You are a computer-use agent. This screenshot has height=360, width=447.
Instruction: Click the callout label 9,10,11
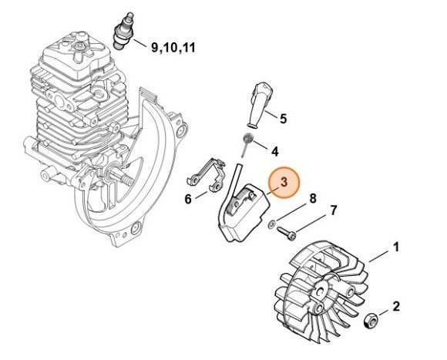click(x=173, y=47)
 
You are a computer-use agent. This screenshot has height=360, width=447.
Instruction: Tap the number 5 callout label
click(x=282, y=119)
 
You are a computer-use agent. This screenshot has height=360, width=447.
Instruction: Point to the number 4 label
click(x=274, y=150)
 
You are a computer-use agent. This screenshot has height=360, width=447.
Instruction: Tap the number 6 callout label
click(x=188, y=199)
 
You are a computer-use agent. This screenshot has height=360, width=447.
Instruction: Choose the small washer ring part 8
click(x=272, y=224)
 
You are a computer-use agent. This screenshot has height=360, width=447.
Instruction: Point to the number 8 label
click(x=313, y=199)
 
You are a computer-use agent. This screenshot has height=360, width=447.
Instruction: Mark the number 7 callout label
click(x=333, y=210)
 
